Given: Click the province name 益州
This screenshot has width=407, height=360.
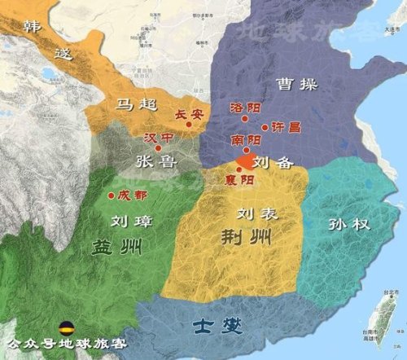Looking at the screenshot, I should click(112, 247).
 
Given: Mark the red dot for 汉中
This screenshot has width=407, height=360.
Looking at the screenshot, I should click(157, 147).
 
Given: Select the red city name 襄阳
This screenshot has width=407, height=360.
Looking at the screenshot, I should click(247, 180).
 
